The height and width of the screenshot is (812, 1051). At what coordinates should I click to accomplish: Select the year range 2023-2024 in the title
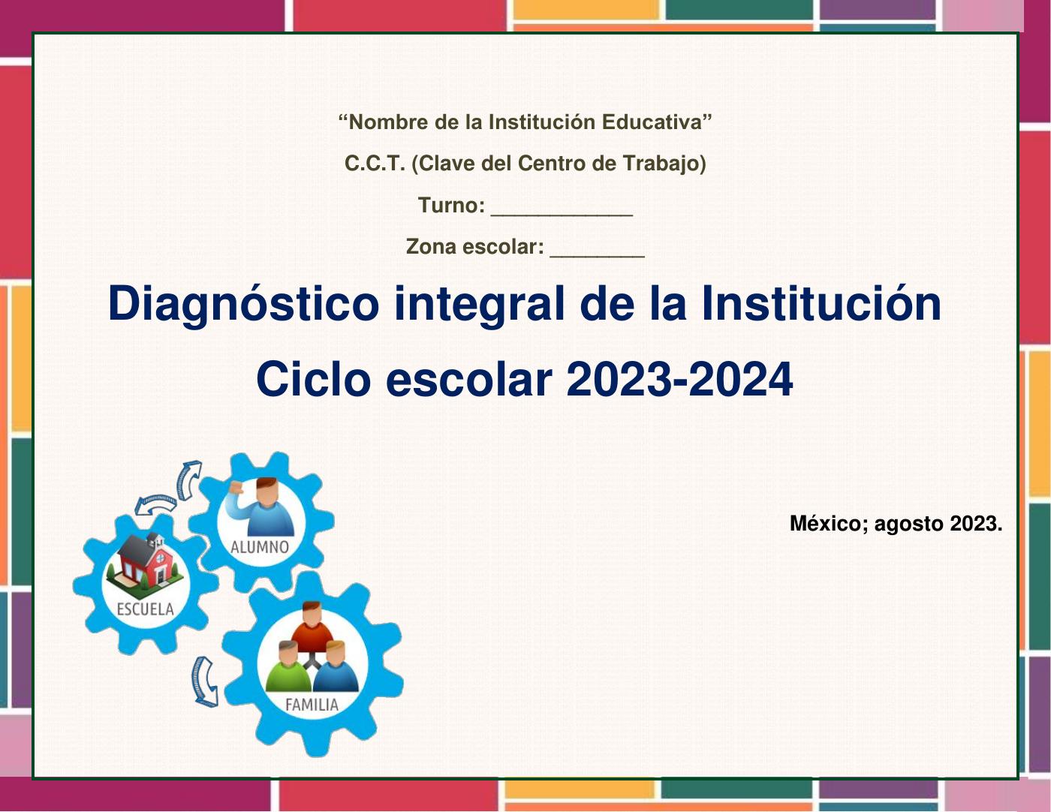pos(679,380)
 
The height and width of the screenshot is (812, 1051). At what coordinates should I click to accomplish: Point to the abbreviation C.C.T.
pos(375,164)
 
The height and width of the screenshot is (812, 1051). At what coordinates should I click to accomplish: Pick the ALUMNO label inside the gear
pos(260,547)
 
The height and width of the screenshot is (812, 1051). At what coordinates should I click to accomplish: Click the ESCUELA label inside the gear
pos(145,609)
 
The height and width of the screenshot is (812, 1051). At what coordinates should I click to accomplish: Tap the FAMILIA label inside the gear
pos(312,705)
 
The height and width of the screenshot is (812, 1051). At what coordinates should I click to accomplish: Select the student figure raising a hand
pos(262,507)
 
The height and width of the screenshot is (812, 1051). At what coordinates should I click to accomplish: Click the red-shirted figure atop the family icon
pos(312,627)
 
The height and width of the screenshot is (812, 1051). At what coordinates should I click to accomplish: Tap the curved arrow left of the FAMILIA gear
pos(205,681)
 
